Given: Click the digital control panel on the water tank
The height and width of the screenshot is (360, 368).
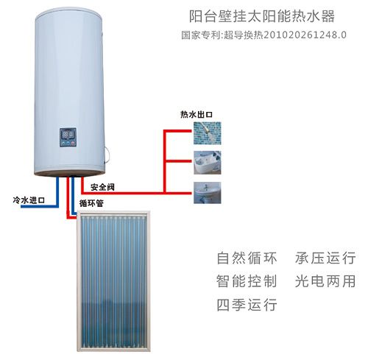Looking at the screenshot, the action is click(68, 138).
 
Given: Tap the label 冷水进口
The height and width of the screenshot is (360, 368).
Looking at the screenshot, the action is click(29, 200).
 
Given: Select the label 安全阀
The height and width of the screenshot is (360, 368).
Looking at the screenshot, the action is click(102, 187).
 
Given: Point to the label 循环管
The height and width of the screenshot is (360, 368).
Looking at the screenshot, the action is click(91, 203).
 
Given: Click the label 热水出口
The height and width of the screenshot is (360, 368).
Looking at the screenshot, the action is click(197, 114).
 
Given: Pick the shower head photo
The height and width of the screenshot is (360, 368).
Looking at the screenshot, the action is click(208, 133).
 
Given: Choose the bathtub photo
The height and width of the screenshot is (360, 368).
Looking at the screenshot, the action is click(208, 163).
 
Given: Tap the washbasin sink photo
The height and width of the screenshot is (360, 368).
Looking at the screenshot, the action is click(208, 193).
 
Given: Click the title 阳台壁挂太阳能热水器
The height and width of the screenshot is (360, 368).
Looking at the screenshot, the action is click(262, 16).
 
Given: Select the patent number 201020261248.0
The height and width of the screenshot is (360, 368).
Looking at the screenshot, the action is click(305, 35).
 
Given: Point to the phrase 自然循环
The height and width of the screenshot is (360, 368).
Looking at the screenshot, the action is click(247, 258).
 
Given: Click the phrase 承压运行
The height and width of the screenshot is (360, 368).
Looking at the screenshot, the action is click(325, 258).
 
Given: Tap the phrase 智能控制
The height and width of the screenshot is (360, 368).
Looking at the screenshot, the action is click(247, 281).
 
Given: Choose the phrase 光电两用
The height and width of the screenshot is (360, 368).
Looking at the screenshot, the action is click(325, 281).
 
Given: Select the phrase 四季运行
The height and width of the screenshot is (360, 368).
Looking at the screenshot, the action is click(247, 305).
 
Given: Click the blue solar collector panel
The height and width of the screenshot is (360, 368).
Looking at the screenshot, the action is click(113, 281).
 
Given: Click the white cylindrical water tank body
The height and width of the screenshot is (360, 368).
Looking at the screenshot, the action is click(69, 91).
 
